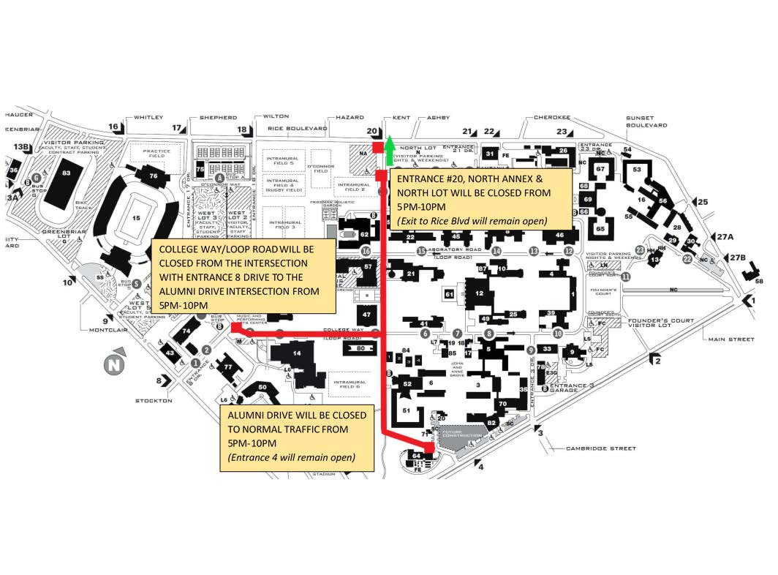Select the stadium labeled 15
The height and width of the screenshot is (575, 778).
pyautogui.click(x=137, y=218)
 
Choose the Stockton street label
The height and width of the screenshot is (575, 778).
pyautogui.click(x=153, y=401)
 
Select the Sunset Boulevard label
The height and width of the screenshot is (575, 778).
pyautogui.click(x=646, y=121)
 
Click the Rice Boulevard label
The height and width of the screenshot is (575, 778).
pyautogui.click(x=297, y=129)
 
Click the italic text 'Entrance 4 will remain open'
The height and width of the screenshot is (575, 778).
pyautogui.click(x=292, y=458)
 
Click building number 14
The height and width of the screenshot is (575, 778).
pyautogui.click(x=297, y=353)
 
